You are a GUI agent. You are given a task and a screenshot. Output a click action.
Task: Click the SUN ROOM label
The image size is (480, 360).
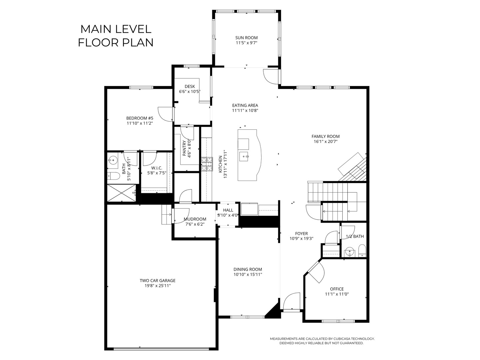(246, 38)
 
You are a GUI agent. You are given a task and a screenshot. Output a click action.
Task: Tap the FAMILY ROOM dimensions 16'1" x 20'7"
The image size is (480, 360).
(325, 141)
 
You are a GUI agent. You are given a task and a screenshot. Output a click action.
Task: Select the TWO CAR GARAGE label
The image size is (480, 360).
(157, 281)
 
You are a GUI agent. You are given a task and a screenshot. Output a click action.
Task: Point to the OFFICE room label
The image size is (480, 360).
(337, 289)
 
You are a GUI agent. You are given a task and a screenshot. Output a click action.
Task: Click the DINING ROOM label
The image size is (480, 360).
(248, 269)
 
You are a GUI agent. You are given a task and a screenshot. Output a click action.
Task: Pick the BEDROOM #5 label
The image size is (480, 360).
(140, 118)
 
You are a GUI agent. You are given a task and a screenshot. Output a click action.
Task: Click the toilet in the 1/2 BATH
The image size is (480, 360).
(362, 250)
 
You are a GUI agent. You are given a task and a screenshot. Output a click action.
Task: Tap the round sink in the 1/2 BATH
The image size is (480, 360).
(349, 252)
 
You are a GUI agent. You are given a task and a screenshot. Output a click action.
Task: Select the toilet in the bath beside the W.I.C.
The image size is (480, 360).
(113, 176)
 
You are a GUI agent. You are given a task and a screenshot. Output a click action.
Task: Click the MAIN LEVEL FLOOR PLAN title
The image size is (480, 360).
(116, 36)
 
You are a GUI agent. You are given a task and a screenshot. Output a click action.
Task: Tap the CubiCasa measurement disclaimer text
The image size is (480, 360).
(322, 341)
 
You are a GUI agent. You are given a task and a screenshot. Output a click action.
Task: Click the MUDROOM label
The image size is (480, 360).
(195, 219)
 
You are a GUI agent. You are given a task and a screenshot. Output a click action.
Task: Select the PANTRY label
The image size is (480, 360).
(184, 148)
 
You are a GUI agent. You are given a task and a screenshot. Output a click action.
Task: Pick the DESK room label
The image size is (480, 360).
(190, 87)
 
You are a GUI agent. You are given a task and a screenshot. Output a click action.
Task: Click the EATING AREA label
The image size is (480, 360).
(245, 106)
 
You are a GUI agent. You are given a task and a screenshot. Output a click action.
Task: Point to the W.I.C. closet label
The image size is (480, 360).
(157, 168)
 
